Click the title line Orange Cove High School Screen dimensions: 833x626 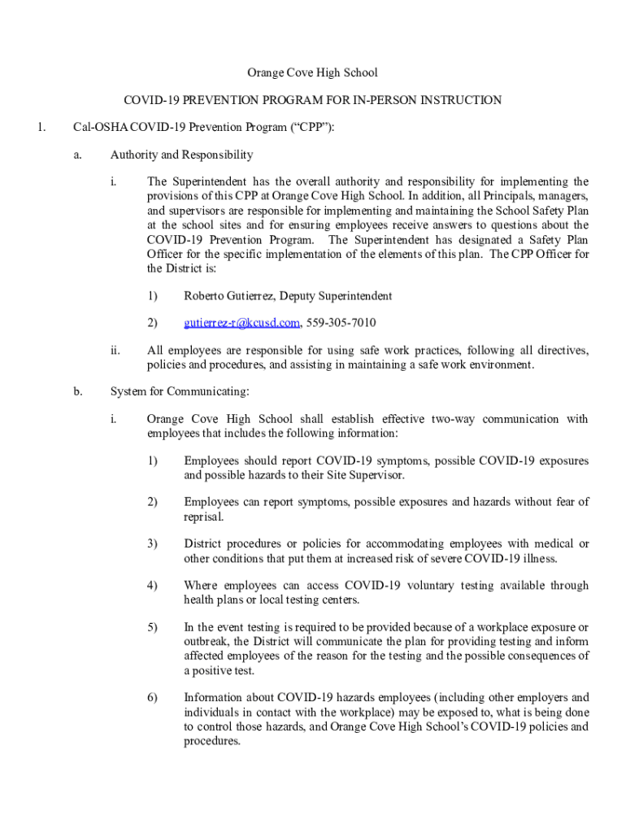pos(313,73)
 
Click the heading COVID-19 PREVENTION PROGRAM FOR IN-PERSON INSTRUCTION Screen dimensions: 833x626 pos(313,100)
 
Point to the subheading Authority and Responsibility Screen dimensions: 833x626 pos(181,155)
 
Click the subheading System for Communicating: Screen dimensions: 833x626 pos(180,392)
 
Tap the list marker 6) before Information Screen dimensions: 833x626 pos(152,698)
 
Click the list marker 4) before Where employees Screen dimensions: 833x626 pos(152,586)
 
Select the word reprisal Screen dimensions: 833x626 pos(204,517)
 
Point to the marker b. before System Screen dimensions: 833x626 pos(77,392)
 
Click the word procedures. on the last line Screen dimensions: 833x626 pos(212,742)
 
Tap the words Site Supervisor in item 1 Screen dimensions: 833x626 pos(366,475)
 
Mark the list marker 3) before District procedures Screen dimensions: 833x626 pos(152,543)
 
